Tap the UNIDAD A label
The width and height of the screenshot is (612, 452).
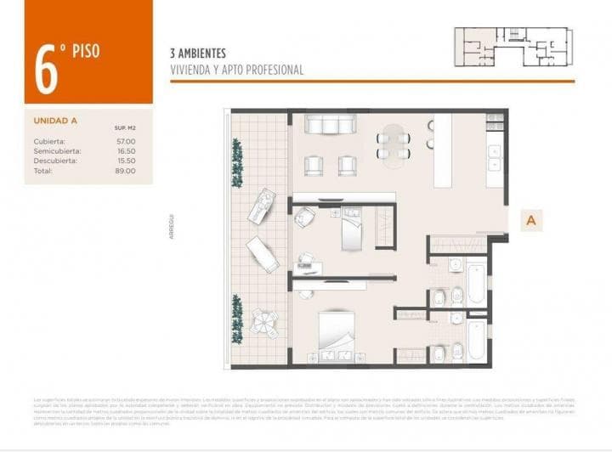pos(55,120)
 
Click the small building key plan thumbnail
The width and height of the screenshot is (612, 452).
pos(514,48)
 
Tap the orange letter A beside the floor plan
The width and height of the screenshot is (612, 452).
pos(531,220)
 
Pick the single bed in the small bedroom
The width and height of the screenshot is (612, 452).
pos(352,229)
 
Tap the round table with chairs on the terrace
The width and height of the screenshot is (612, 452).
pos(264,321)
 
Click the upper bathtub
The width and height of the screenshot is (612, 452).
pos(476,285)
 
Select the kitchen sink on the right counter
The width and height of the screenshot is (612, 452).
pos(495,153)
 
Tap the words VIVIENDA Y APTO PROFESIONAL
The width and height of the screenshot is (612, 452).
pos(236,71)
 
